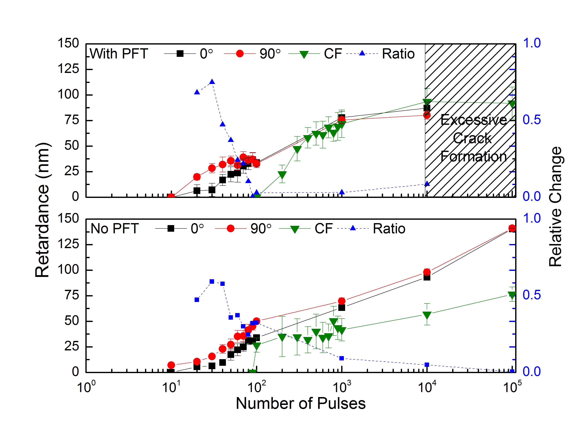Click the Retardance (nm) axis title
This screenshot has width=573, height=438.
pos(42,210)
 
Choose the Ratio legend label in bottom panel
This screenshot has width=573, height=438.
pos(389,229)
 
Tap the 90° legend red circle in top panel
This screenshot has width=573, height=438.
pos(240,54)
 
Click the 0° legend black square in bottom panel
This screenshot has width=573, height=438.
pos(171,229)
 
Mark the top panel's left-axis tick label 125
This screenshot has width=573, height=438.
pos(68,69)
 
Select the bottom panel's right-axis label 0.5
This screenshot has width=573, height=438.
pos(531,295)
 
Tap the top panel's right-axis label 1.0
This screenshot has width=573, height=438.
pos(531,43)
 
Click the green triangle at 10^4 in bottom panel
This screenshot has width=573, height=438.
pos(427,315)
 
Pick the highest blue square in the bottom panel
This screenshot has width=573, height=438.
pos(212,282)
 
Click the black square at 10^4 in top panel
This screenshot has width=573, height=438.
pos(427,108)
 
